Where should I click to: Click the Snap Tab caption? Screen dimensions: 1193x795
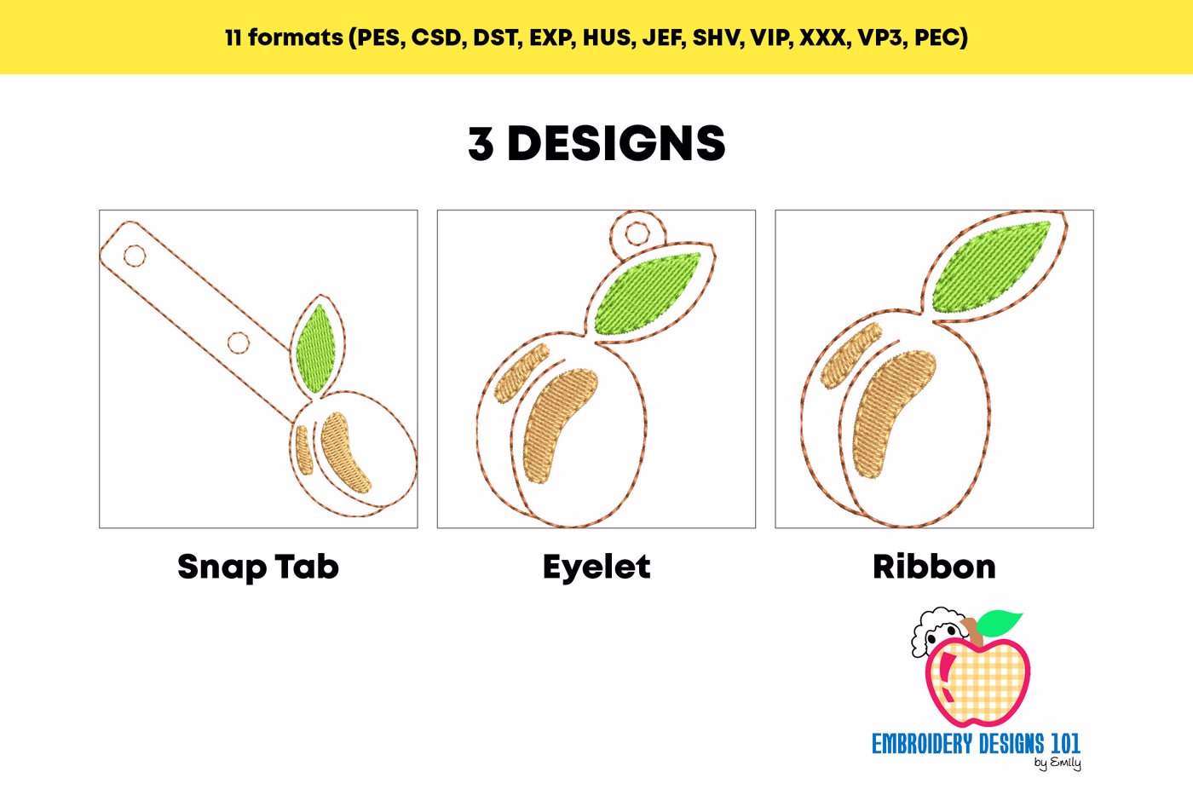(258, 567)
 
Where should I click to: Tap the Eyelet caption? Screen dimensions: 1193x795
(596, 567)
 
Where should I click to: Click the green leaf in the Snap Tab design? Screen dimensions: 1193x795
(315, 349)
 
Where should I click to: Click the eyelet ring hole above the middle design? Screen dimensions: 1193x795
(637, 233)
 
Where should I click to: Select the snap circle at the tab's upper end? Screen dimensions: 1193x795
(135, 256)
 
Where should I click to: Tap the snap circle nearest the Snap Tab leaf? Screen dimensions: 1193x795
(238, 343)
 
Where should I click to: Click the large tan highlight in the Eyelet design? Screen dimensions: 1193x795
(559, 426)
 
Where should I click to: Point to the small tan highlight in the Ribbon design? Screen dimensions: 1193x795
(850, 355)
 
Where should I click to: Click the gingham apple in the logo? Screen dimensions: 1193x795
(978, 683)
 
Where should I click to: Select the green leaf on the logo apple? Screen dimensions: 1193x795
(999, 623)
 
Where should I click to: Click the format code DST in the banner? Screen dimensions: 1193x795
(497, 37)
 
